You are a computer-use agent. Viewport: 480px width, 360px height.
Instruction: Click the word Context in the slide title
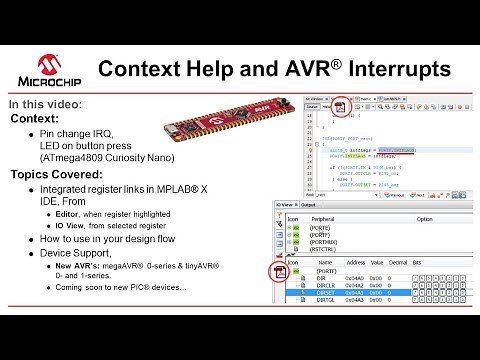139,69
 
